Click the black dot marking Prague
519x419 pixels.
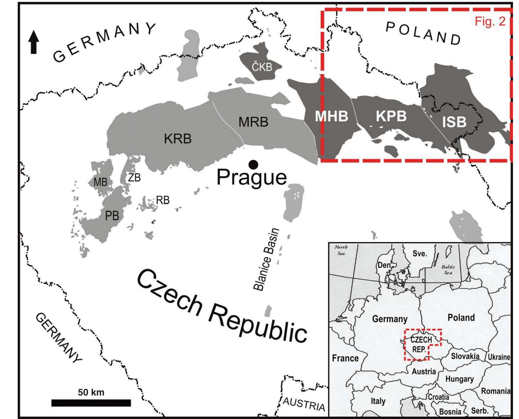tap(253, 165)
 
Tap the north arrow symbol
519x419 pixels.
tap(34, 42)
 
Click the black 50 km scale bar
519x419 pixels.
tap(91, 403)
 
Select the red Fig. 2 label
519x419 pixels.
tap(490, 21)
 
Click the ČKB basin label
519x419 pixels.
tap(262, 67)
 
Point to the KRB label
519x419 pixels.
tap(177, 139)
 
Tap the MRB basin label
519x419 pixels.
tap(253, 122)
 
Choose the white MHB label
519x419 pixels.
tap(331, 116)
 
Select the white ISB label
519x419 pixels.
tap(454, 122)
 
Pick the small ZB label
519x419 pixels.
tap(134, 178)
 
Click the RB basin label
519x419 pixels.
tap(163, 200)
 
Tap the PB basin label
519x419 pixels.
tap(112, 215)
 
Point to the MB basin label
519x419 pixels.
tap(100, 182)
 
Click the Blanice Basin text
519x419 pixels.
tap(266, 259)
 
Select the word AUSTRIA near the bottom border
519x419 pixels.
tap(304, 404)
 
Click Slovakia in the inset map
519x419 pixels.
tap(465, 356)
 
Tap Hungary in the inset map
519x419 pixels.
tap(459, 379)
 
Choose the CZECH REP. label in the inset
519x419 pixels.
tap(421, 344)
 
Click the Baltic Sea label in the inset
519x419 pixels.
tap(448, 269)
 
